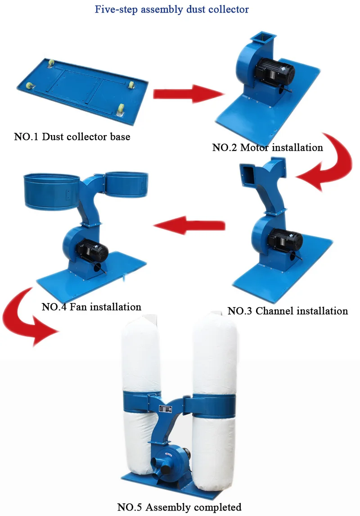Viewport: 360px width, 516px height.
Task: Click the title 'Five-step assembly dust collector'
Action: (x=171, y=9)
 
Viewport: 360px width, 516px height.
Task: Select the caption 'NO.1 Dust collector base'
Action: (x=72, y=137)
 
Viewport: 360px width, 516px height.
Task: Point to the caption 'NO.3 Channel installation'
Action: (x=288, y=311)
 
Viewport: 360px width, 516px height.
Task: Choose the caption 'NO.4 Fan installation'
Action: (x=91, y=307)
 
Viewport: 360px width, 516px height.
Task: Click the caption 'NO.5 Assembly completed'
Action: (x=180, y=507)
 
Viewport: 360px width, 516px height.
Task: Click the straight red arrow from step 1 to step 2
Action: (x=188, y=94)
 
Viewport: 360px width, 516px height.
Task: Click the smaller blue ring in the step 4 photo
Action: (x=126, y=184)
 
